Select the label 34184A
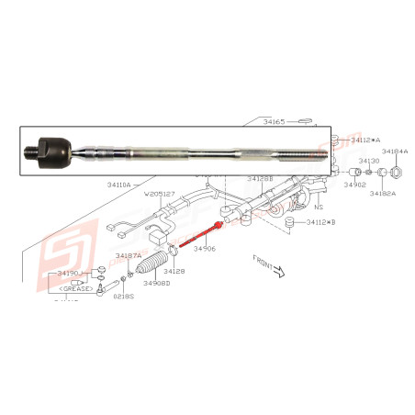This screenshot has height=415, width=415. tap(395, 151)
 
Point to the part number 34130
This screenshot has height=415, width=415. tap(367, 161)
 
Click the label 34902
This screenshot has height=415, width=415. tap(355, 185)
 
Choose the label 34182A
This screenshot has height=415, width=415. tap(383, 194)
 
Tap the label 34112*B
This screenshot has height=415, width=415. tap(321, 222)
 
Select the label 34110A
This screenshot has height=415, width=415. tap(117, 184)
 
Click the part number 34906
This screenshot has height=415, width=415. tap(205, 248)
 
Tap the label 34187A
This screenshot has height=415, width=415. tap(129, 257)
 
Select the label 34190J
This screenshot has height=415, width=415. tap(70, 274)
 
